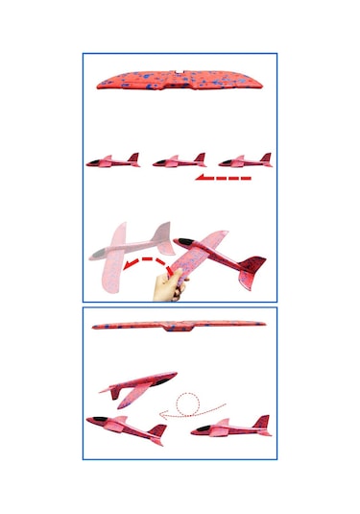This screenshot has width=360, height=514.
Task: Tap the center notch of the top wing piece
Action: point(180,71)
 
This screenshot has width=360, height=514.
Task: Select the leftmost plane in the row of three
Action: point(113,160)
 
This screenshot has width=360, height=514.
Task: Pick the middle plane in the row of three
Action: point(179,160)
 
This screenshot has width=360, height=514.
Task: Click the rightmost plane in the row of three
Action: point(245,160)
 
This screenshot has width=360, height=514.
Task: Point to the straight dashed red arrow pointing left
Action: point(223,179)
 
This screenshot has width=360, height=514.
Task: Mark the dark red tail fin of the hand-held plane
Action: point(252,262)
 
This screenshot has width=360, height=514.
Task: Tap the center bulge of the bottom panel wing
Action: point(178,330)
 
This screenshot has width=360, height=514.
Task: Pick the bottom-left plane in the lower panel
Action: point(125,428)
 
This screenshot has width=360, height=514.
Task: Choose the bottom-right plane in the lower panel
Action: point(230,428)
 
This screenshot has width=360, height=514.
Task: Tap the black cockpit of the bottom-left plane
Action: point(97,421)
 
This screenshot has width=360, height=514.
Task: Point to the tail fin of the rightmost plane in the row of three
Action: point(266,157)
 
